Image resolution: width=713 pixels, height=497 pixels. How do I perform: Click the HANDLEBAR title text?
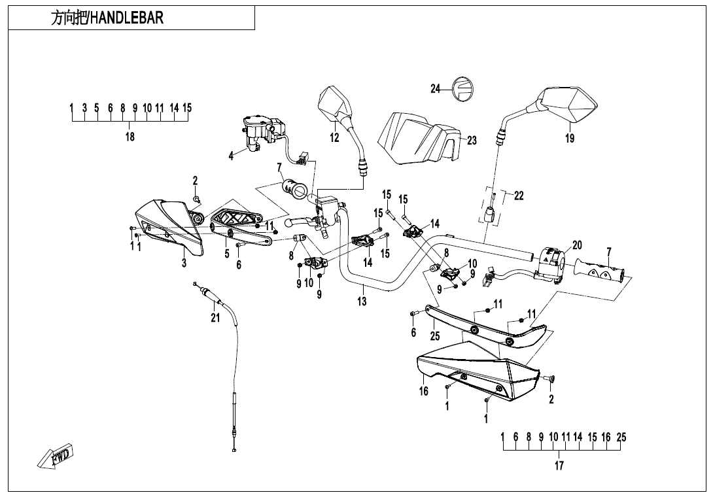click(x=107, y=18)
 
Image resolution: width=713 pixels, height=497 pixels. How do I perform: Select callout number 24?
click(x=436, y=90)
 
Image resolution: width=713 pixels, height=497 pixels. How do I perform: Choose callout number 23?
click(x=472, y=140)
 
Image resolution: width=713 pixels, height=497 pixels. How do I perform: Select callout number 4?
click(x=230, y=156)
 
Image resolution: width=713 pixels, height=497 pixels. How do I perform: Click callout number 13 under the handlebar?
click(x=362, y=301)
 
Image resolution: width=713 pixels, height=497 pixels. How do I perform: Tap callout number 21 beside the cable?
click(x=215, y=318)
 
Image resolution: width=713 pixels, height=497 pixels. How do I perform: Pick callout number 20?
click(x=576, y=245)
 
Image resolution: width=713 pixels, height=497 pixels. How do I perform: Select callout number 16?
click(x=424, y=392)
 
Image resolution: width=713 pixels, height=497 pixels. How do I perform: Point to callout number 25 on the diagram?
click(x=435, y=336)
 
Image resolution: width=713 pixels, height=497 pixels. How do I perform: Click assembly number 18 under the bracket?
click(x=130, y=137)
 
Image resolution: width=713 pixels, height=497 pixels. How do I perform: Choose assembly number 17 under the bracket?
click(x=559, y=466)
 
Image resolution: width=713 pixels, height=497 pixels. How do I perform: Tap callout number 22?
click(x=519, y=196)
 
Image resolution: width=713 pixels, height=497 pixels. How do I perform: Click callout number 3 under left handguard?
click(x=184, y=263)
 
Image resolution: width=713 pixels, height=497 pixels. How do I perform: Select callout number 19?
click(x=570, y=138)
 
